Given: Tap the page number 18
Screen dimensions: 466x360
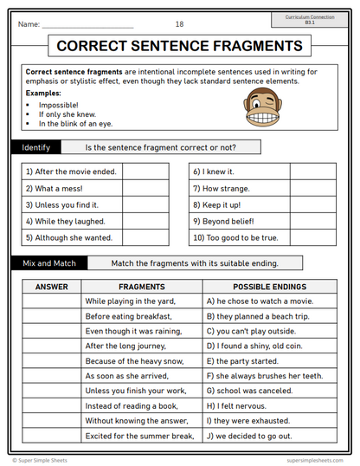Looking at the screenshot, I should (179, 23).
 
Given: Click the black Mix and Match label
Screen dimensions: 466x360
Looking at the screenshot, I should (48, 262).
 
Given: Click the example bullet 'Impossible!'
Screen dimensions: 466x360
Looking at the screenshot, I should (59, 104).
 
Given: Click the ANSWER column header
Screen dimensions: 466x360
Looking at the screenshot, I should (51, 286).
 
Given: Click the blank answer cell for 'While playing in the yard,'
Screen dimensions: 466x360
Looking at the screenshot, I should (51, 301).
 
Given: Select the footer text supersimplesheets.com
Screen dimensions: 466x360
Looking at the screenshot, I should (316, 461).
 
